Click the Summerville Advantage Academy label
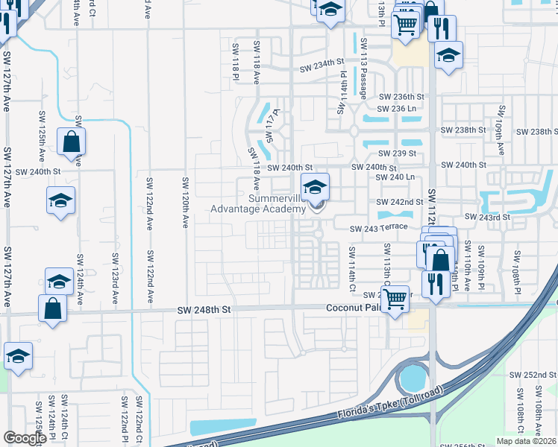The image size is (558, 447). pyautogui.click(x=278, y=203)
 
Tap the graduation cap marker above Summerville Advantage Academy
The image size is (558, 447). pyautogui.click(x=315, y=186)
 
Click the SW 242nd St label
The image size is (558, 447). pyautogui.click(x=400, y=202)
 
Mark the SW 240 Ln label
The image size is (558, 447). pyautogui.click(x=395, y=177)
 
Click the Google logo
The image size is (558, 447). pyautogui.click(x=25, y=437)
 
